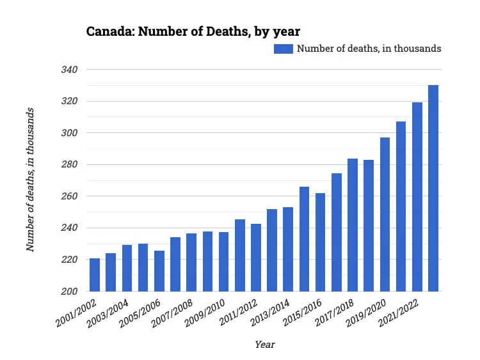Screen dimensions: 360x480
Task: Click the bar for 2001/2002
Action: (95, 275)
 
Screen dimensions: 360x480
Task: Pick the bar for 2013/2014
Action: (288, 249)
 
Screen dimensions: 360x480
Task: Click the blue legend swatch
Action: (284, 49)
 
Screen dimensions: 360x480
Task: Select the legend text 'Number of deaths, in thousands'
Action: (369, 49)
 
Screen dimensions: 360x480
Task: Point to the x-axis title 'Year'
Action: (264, 345)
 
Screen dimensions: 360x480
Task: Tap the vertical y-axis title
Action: (30, 180)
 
